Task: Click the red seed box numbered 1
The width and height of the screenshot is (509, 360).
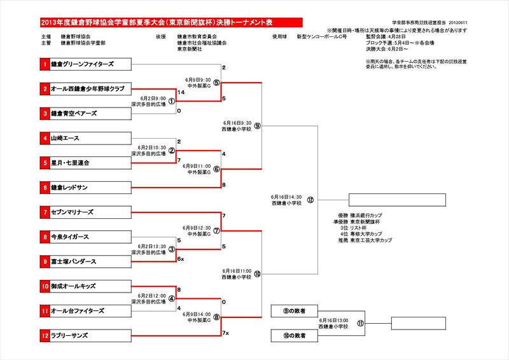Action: pyautogui.click(x=45, y=64)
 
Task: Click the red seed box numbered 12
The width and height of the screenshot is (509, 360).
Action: pyautogui.click(x=45, y=335)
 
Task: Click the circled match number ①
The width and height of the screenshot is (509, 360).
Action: pyautogui.click(x=171, y=101)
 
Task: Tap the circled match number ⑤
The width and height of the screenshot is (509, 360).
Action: pyautogui.click(x=216, y=83)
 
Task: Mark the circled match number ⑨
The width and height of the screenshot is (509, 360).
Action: pyautogui.click(x=257, y=126)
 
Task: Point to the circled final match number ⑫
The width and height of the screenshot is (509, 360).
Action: pyautogui.click(x=310, y=200)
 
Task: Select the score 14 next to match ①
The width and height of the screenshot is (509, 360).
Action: pyautogui.click(x=182, y=93)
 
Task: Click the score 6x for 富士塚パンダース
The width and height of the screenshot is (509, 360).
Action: pyautogui.click(x=181, y=259)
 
